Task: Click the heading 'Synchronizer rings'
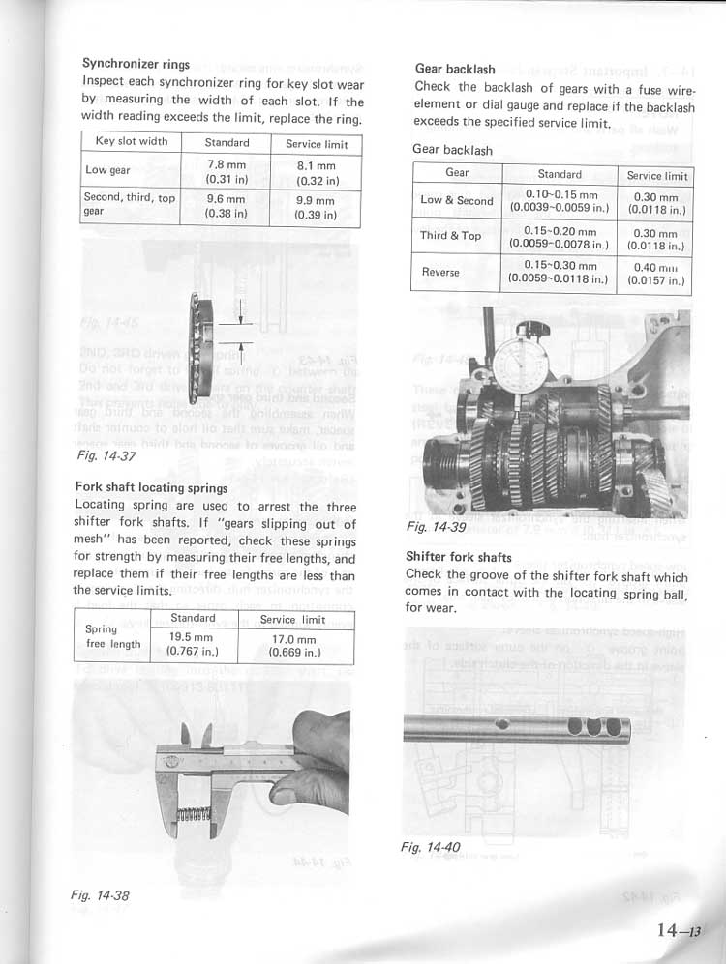[136, 65]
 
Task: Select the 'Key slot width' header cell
[132, 142]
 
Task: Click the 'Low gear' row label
[108, 171]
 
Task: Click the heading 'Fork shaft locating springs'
[150, 487]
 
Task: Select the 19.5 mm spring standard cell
[192, 644]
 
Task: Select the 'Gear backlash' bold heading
[454, 70]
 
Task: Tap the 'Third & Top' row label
[450, 236]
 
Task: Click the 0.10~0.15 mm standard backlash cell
[560, 200]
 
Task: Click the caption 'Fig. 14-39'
[437, 528]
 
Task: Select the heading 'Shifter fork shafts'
[458, 558]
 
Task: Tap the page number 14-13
[675, 930]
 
